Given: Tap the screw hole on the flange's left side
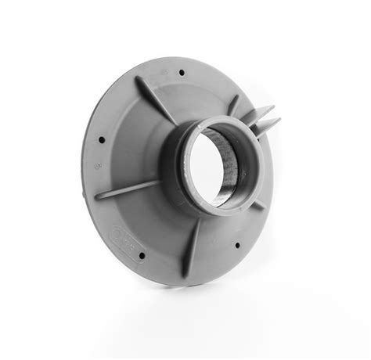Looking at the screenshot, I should click(102, 141).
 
